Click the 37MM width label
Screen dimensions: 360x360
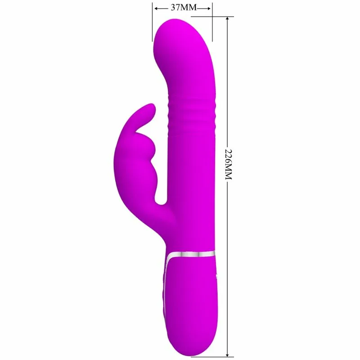coord(182,8)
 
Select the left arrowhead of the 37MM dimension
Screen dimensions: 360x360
coord(156,8)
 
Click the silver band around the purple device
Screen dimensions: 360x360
coord(191,254)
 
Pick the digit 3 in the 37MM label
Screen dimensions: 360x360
coord(174,8)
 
